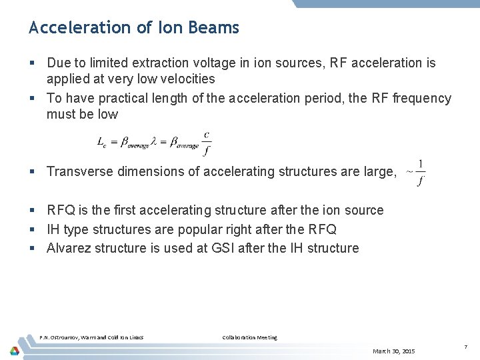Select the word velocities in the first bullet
coord(185,79)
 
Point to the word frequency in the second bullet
coord(421,99)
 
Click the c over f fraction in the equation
coord(207,143)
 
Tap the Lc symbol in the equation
coord(102,142)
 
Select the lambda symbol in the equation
coord(155,141)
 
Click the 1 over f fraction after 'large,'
coord(421,173)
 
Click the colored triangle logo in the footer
coord(15,350)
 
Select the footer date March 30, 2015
coord(393,351)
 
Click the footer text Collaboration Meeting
coord(249,337)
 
